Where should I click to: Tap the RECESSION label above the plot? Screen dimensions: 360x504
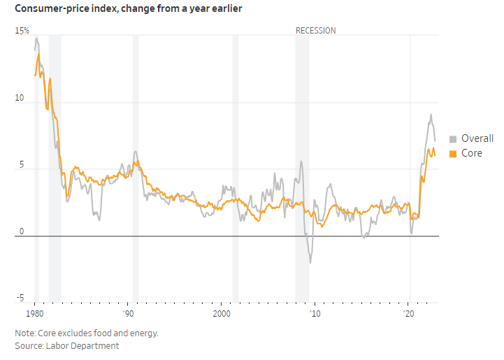(315, 31)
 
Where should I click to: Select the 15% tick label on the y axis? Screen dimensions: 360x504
(22, 31)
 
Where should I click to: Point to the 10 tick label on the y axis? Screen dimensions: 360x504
(20, 99)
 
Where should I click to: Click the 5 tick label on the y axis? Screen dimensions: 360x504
(21, 166)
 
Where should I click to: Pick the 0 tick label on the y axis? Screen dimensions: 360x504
(21, 231)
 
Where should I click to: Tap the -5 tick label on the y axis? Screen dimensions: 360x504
(20, 299)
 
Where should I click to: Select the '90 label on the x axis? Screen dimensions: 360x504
(128, 313)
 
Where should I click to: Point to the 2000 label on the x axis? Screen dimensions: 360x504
(222, 313)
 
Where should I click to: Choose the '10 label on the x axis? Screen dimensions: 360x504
(315, 313)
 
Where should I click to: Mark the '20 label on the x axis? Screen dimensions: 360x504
(409, 313)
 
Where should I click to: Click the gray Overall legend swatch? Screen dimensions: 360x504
(453, 138)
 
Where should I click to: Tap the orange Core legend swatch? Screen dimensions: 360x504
(453, 153)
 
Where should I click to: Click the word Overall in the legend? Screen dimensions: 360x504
(477, 138)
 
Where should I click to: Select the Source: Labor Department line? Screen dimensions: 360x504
(67, 345)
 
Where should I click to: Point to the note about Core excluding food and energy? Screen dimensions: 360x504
(87, 333)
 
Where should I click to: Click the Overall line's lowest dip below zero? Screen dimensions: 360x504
(310, 263)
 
